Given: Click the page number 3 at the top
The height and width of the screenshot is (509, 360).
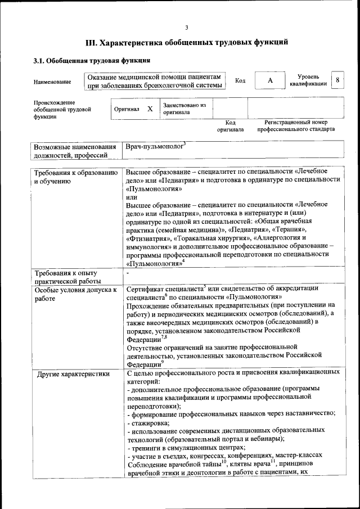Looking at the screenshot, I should pos(186,28).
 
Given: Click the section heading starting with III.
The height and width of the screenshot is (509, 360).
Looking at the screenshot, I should pos(186,42).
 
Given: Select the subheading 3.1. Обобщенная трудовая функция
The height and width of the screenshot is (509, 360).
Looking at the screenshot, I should pos(91,60).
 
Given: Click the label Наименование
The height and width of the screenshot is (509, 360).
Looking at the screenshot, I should pos(52,82).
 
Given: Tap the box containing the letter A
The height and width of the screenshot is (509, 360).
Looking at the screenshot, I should pos(270,81).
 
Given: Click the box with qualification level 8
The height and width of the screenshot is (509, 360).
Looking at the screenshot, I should pos(337,80).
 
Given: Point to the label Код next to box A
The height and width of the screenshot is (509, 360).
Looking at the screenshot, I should pos(240,81).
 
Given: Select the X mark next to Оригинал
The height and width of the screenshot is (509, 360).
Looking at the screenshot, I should pos(150,109).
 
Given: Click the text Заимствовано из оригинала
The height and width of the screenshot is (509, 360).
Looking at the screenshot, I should pos(184,109).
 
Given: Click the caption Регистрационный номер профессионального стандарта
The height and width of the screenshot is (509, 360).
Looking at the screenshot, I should pos(296,125).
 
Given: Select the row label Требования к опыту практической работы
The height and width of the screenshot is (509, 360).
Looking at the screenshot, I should pos(67,277).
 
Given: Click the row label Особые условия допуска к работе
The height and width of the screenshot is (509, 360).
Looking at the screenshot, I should pos(75,294).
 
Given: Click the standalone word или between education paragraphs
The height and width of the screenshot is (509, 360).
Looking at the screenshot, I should pos(131,197).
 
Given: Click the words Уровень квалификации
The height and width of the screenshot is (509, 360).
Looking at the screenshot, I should pos(308,80).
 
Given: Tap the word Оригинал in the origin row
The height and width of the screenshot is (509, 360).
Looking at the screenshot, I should pos(127,110).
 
